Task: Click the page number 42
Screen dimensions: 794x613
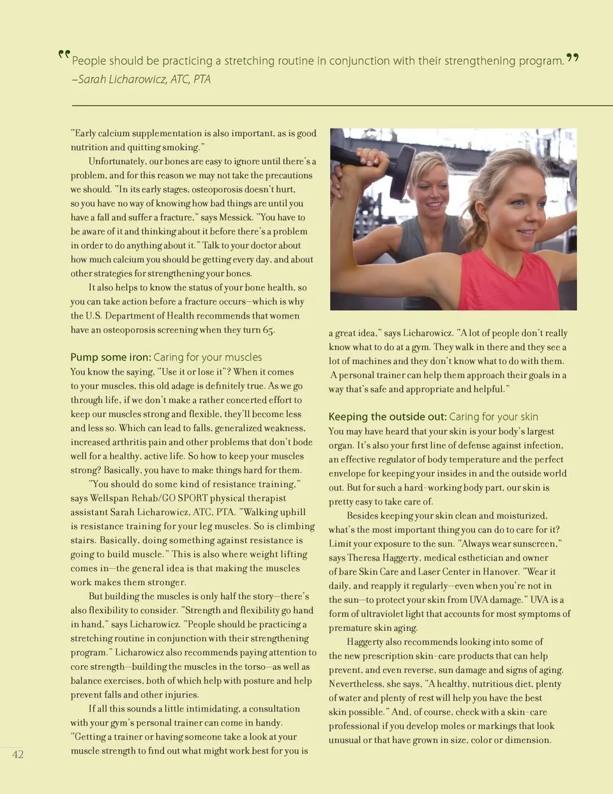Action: pos(18,754)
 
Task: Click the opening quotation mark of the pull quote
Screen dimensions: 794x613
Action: pos(63,55)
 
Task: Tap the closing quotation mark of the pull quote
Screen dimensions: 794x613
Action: pos(573,58)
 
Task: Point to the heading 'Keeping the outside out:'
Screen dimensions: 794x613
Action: pos(387,416)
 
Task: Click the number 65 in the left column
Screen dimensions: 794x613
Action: pos(268,330)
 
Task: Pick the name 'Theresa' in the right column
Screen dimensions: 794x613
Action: pos(363,558)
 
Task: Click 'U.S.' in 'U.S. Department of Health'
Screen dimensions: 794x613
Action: pos(93,316)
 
